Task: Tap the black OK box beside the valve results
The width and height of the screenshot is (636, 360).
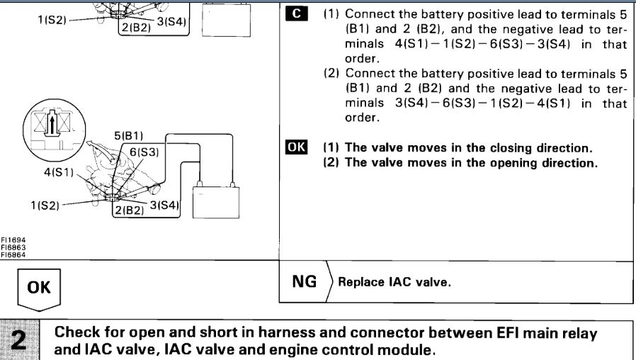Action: pos(295,148)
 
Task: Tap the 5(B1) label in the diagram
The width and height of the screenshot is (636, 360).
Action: pos(127,136)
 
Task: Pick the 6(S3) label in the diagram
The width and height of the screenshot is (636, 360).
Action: pos(142,152)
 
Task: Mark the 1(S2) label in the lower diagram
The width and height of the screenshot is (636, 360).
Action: pos(45,206)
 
